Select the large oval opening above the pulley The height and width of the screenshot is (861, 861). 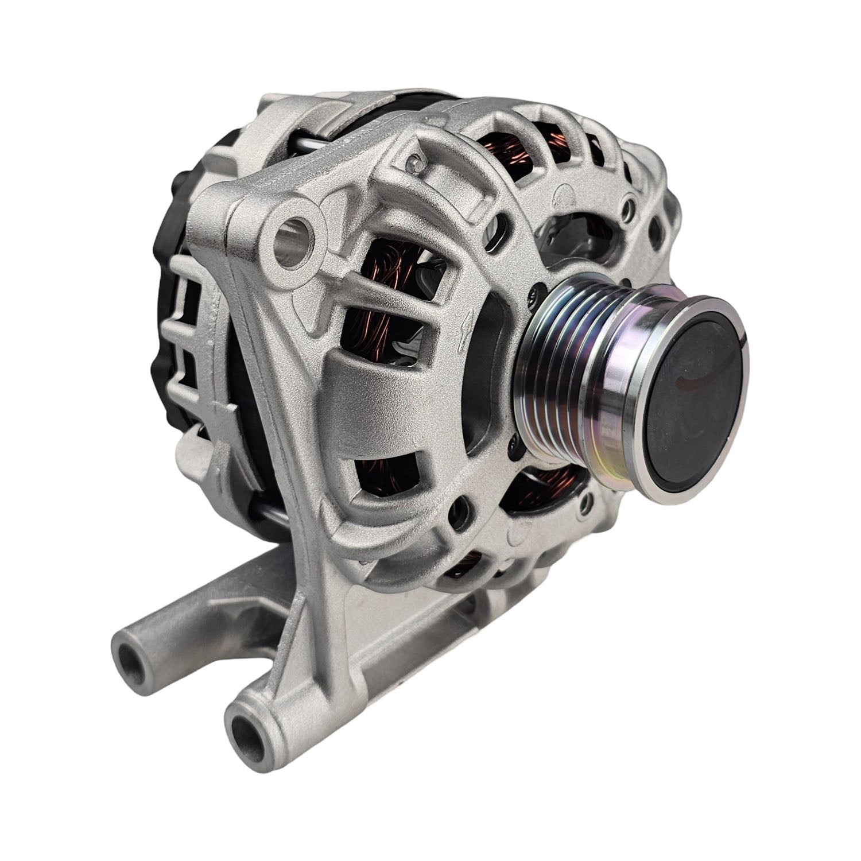tap(580, 232)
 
